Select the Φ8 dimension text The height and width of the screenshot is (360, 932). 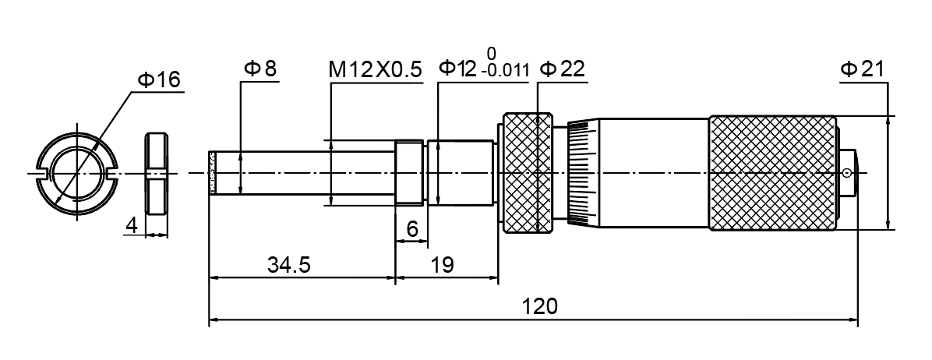(x=259, y=69)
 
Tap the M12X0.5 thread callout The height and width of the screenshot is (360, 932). (x=375, y=69)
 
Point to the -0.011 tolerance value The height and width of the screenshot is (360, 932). (x=505, y=72)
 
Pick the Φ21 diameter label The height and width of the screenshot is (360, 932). (x=861, y=69)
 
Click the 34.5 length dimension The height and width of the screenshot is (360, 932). (x=289, y=265)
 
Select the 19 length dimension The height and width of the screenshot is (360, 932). (x=442, y=265)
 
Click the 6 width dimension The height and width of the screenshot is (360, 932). (x=412, y=228)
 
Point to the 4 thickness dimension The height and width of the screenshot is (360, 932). (x=132, y=225)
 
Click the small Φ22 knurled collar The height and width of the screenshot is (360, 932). (x=527, y=172)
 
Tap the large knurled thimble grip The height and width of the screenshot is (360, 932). (x=771, y=173)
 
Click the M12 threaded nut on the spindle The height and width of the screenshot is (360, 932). (x=409, y=172)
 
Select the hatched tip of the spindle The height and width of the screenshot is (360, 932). (x=210, y=172)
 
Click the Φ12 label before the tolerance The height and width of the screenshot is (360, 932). (x=457, y=69)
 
